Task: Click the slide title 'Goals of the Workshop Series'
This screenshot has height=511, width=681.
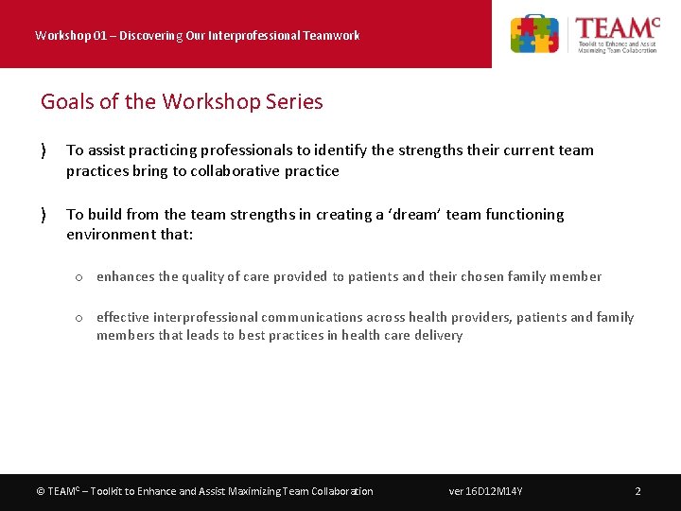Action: (182, 101)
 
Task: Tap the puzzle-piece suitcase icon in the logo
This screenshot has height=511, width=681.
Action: (534, 34)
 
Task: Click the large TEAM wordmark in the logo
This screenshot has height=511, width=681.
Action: (616, 26)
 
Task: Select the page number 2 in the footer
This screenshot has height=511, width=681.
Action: (637, 491)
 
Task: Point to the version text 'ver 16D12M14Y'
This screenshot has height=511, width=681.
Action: (486, 491)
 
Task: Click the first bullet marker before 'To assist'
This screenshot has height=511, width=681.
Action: (44, 150)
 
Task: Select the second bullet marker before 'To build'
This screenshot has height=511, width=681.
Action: (44, 215)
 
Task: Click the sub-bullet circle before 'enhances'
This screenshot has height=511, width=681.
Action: (80, 277)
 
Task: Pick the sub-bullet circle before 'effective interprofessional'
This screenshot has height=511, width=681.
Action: (80, 318)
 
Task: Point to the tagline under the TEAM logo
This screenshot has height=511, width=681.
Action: (617, 46)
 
